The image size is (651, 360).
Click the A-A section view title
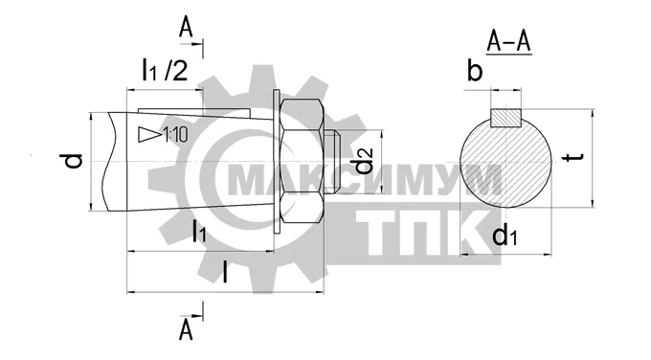coord(508,42)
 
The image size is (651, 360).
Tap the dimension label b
coord(475,70)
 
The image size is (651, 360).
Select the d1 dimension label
coord(505,236)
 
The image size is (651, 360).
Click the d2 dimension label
coord(365,162)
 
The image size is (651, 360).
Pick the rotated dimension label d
coord(74,161)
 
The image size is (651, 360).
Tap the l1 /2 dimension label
coord(165,70)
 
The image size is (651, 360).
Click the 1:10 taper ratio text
coord(176,135)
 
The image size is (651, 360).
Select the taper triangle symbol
coord(150,135)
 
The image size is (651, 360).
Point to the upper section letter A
coord(186,29)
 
